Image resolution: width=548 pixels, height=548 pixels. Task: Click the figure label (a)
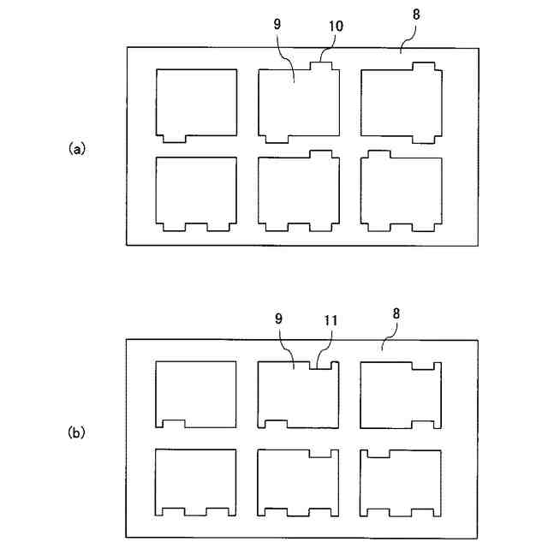(77, 148)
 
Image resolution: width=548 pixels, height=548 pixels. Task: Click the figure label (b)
(77, 433)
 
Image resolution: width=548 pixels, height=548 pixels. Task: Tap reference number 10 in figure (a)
(336, 27)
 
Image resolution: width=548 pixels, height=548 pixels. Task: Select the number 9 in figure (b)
(278, 319)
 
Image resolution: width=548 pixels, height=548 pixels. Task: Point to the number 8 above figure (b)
(396, 314)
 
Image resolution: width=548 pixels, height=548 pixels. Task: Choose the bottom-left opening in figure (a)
(196, 193)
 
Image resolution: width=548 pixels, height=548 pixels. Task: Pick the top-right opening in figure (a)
(402, 101)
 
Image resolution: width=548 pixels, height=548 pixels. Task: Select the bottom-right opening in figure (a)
(402, 192)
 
